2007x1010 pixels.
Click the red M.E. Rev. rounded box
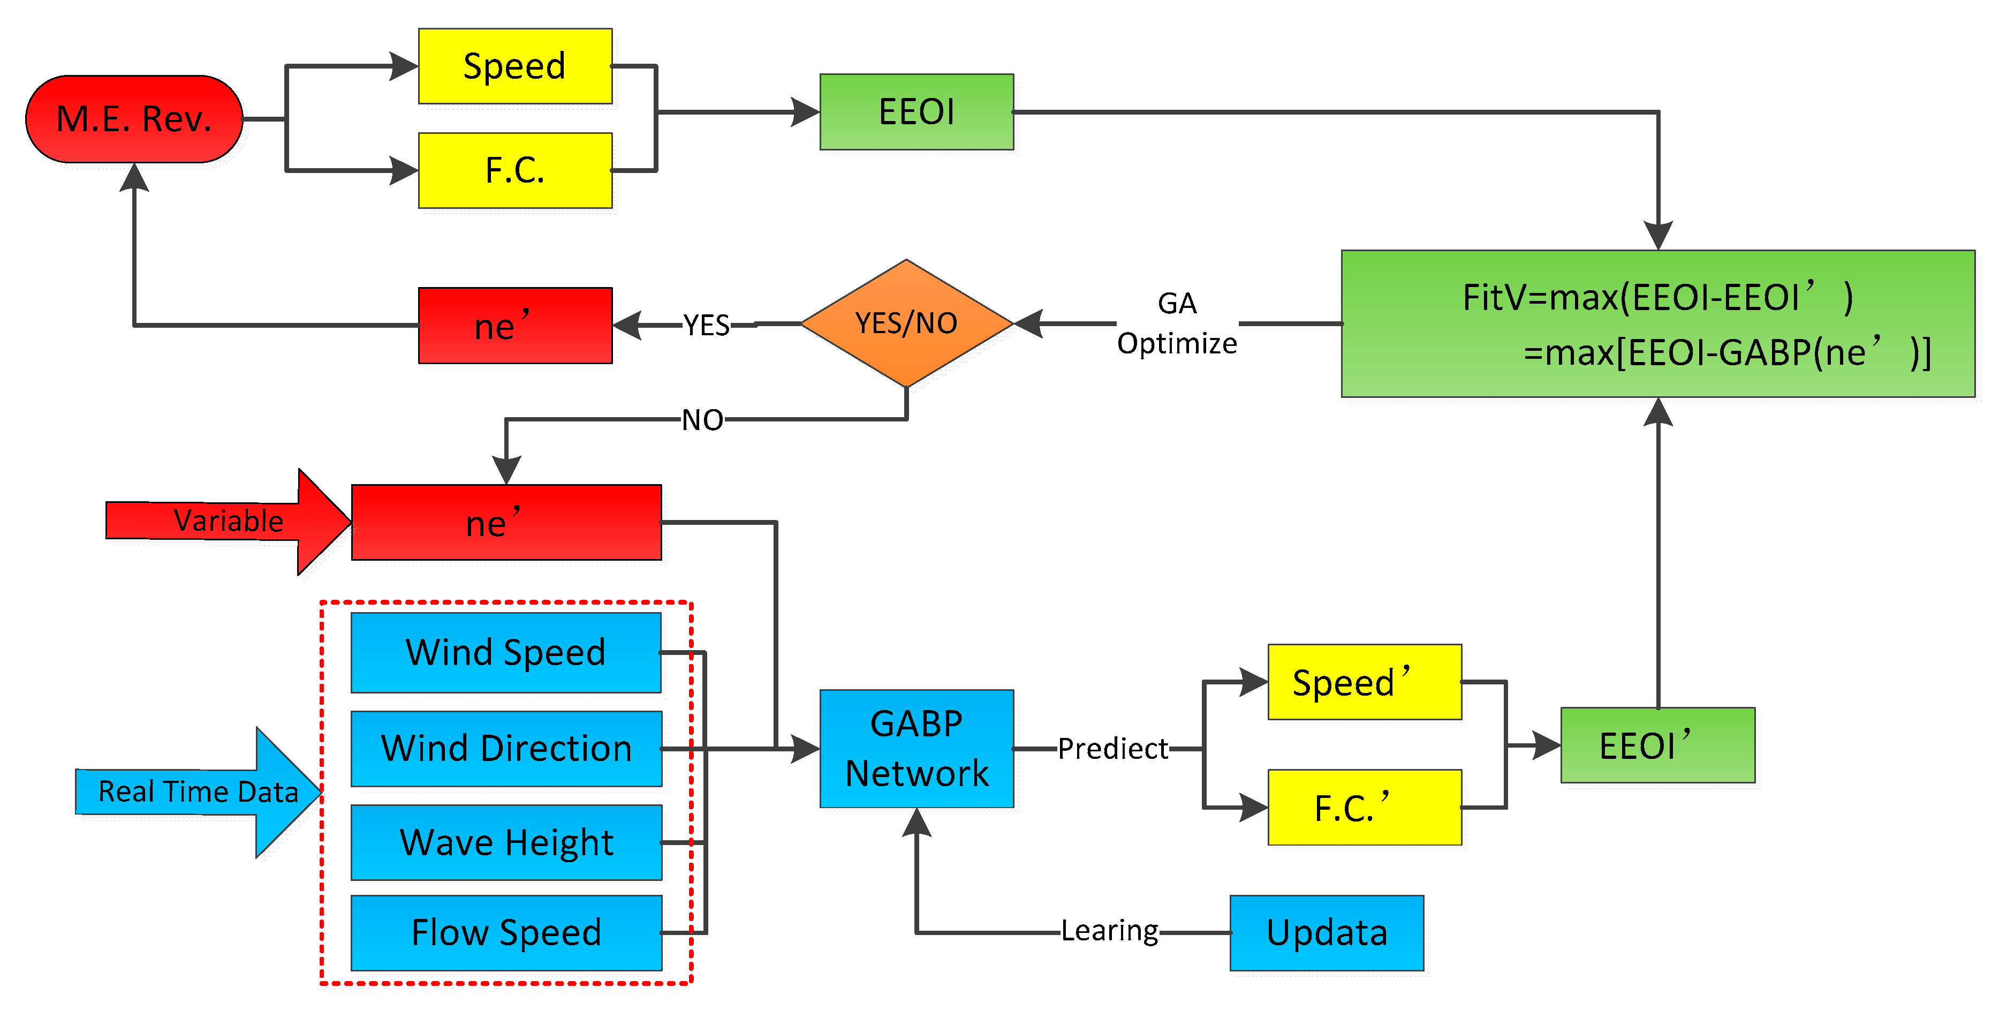click(134, 119)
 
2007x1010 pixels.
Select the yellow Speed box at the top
click(515, 66)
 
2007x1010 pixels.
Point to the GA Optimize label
click(1177, 323)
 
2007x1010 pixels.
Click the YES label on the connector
click(706, 325)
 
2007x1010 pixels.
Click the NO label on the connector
click(702, 420)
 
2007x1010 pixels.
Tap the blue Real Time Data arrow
click(199, 792)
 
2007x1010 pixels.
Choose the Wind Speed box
click(506, 652)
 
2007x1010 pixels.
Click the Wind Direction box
click(506, 748)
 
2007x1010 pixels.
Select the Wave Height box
click(506, 842)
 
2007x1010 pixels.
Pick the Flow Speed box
click(506, 933)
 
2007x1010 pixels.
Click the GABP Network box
click(917, 748)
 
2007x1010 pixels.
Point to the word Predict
click(1112, 749)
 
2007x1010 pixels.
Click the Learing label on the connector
click(1109, 931)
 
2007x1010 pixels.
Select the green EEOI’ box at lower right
click(1657, 746)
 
